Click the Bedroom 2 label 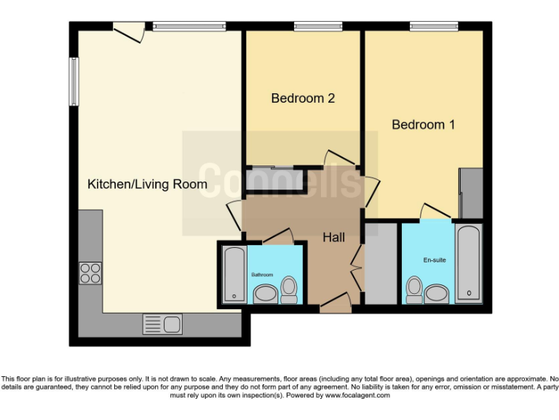coord(303,98)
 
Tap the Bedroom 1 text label coord(423,125)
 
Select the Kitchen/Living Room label coord(147,184)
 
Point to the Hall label coord(333,237)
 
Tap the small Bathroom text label coord(262,274)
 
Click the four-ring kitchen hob coord(90,273)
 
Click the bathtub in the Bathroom coord(234,274)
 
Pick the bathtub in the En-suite coord(469,264)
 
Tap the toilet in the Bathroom coord(289,290)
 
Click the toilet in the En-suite coord(415,289)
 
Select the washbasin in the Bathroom coord(264,294)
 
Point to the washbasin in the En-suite coord(437,293)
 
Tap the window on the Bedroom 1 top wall coord(434,26)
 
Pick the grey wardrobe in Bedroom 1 coord(471,193)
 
